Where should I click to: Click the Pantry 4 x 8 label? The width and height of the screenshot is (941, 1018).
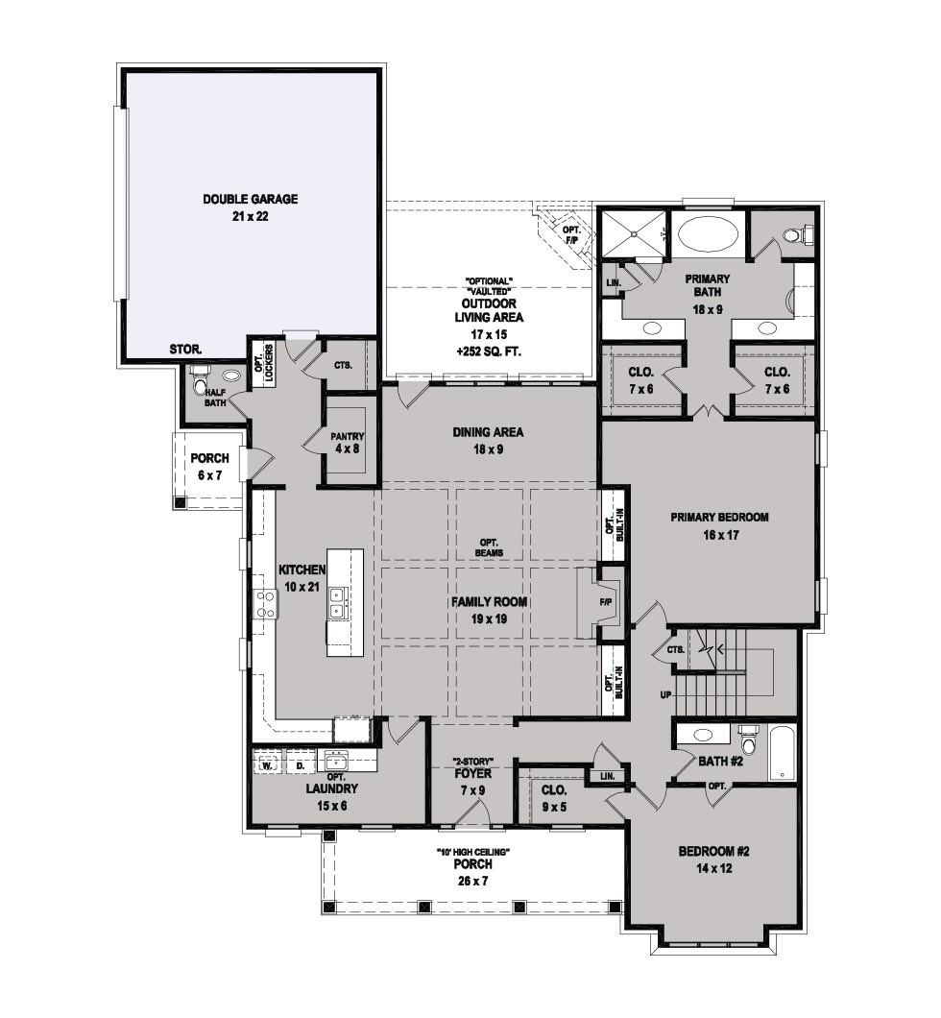click(348, 442)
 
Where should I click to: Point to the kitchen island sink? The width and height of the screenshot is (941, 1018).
click(337, 602)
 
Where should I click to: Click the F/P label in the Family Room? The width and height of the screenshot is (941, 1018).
click(606, 602)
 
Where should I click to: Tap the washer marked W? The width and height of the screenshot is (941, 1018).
click(267, 764)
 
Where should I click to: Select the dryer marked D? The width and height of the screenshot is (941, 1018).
click(300, 764)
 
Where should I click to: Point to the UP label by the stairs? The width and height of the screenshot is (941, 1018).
click(665, 695)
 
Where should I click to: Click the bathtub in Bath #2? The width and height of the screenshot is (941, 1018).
click(782, 752)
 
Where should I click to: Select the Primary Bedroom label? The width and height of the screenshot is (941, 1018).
click(719, 526)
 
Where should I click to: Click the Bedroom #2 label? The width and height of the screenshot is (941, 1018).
click(713, 860)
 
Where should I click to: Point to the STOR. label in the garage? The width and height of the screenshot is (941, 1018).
click(185, 350)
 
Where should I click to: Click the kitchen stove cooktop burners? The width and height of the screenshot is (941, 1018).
click(265, 604)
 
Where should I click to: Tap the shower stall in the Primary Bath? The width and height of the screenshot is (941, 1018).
click(633, 234)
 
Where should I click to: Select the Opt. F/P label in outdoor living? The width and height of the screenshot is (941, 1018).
click(571, 234)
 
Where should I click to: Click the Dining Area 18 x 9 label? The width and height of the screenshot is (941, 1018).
click(488, 440)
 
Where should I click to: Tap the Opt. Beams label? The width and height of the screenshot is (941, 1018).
click(489, 547)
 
